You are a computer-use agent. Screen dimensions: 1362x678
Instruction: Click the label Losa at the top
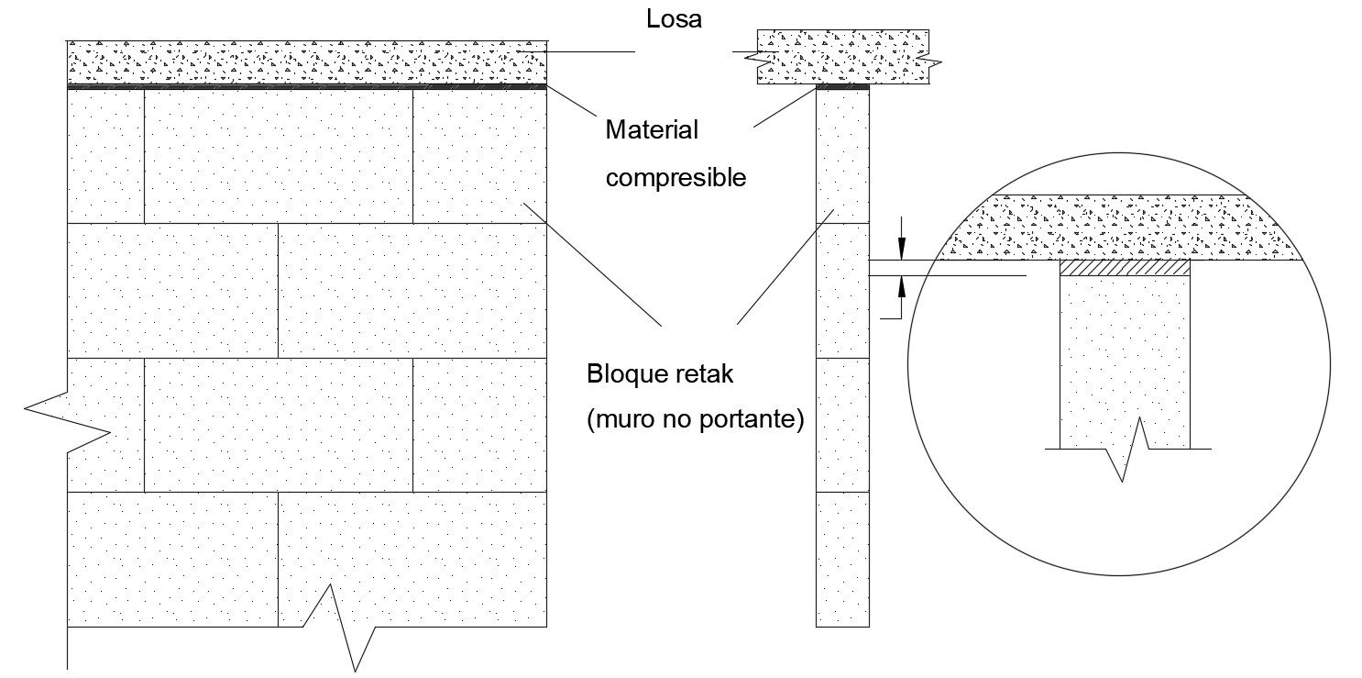pos(674,19)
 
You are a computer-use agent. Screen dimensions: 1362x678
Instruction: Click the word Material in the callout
pos(651,129)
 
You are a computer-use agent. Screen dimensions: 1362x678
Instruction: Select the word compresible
pos(676,178)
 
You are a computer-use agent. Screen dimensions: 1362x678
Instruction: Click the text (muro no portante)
pos(695,419)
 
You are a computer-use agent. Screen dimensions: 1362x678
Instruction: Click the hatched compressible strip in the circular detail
pos(1125,268)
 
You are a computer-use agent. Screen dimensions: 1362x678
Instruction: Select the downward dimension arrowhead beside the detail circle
pos(902,249)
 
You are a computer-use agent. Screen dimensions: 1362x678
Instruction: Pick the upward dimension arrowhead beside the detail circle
pos(902,287)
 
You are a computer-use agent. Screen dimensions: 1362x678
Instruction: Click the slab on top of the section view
pos(842,57)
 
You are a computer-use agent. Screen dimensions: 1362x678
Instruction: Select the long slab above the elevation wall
pos(307,62)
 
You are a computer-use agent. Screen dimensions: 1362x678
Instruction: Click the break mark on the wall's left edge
pos(67,421)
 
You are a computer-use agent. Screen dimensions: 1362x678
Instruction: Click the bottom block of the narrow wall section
pos(842,560)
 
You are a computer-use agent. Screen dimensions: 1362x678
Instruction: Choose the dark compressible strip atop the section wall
pos(842,87)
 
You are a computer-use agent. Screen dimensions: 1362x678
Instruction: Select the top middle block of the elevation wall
pos(279,156)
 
